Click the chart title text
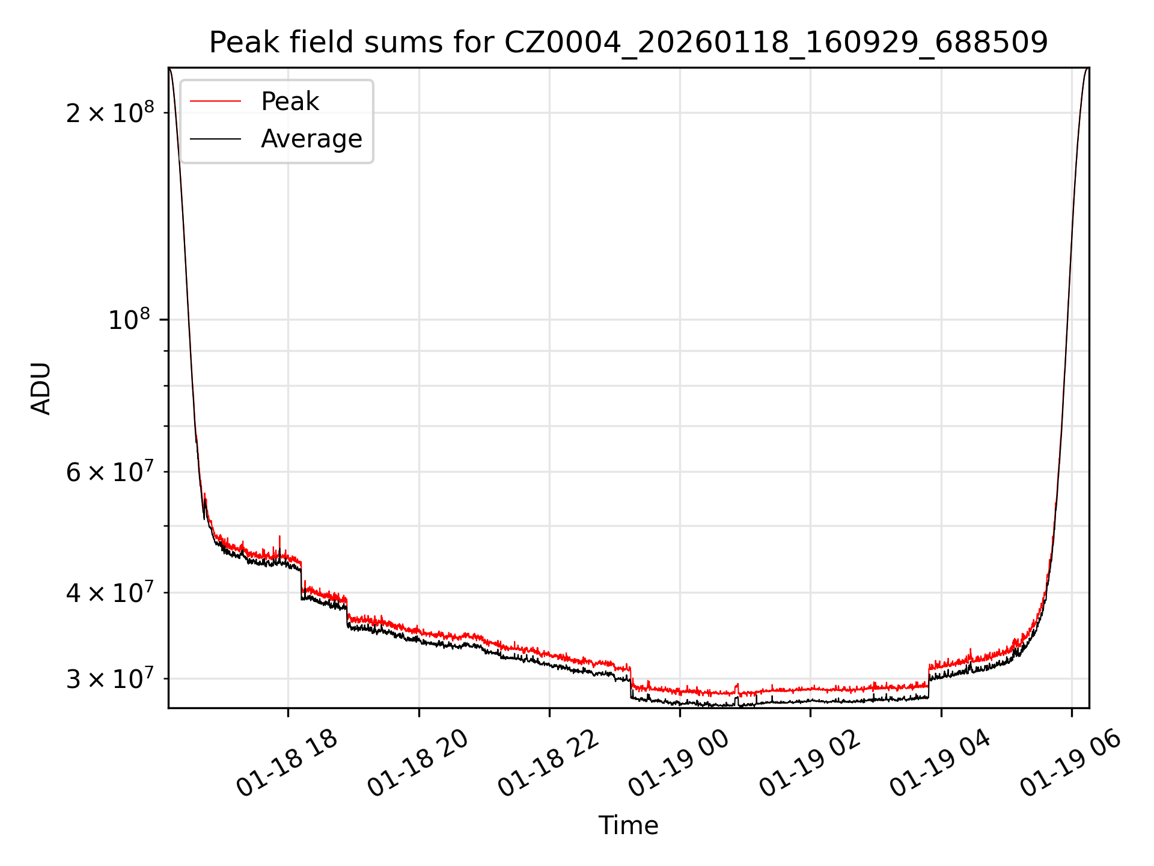point(628,43)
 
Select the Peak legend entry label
point(290,102)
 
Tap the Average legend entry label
point(311,139)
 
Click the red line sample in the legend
point(216,102)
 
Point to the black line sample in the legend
point(216,139)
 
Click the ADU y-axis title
point(41,388)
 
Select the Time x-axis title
point(628,826)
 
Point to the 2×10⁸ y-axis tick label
point(110,112)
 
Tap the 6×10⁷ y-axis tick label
point(110,472)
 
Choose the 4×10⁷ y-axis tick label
point(110,593)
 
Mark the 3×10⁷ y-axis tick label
point(110,679)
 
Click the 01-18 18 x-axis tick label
point(287,763)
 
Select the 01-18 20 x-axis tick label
point(418,763)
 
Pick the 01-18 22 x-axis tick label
point(549,763)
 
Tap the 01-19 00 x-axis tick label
point(679,763)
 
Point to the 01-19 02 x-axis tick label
point(810,763)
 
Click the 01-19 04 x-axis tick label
point(940,763)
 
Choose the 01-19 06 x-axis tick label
point(1071,763)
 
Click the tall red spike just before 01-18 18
point(279,538)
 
